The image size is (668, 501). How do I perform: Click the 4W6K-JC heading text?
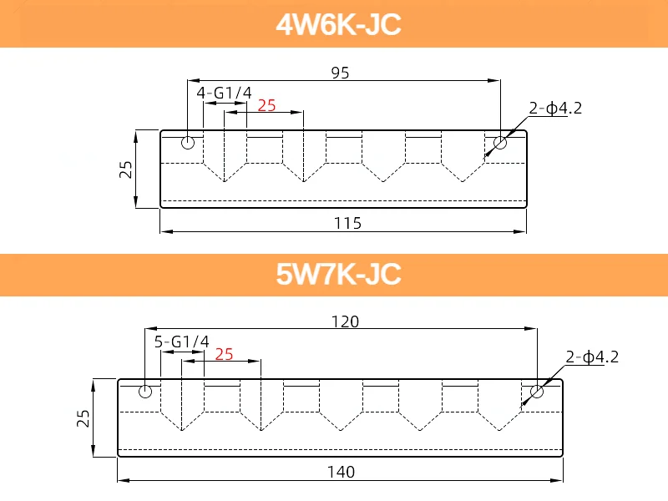point(338,24)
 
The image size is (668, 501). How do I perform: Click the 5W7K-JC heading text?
point(338,274)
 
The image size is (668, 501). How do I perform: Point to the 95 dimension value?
point(340,73)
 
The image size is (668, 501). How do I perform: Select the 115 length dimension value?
point(347,223)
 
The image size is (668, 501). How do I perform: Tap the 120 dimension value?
point(345,321)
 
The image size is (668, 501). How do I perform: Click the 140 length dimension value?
point(341,472)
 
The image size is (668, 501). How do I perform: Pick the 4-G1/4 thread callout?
point(224,93)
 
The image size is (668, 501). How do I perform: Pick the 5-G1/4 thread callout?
point(181,342)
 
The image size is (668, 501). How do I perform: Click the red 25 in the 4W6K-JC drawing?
point(266,105)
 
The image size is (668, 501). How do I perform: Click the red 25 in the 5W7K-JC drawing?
point(224,354)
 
